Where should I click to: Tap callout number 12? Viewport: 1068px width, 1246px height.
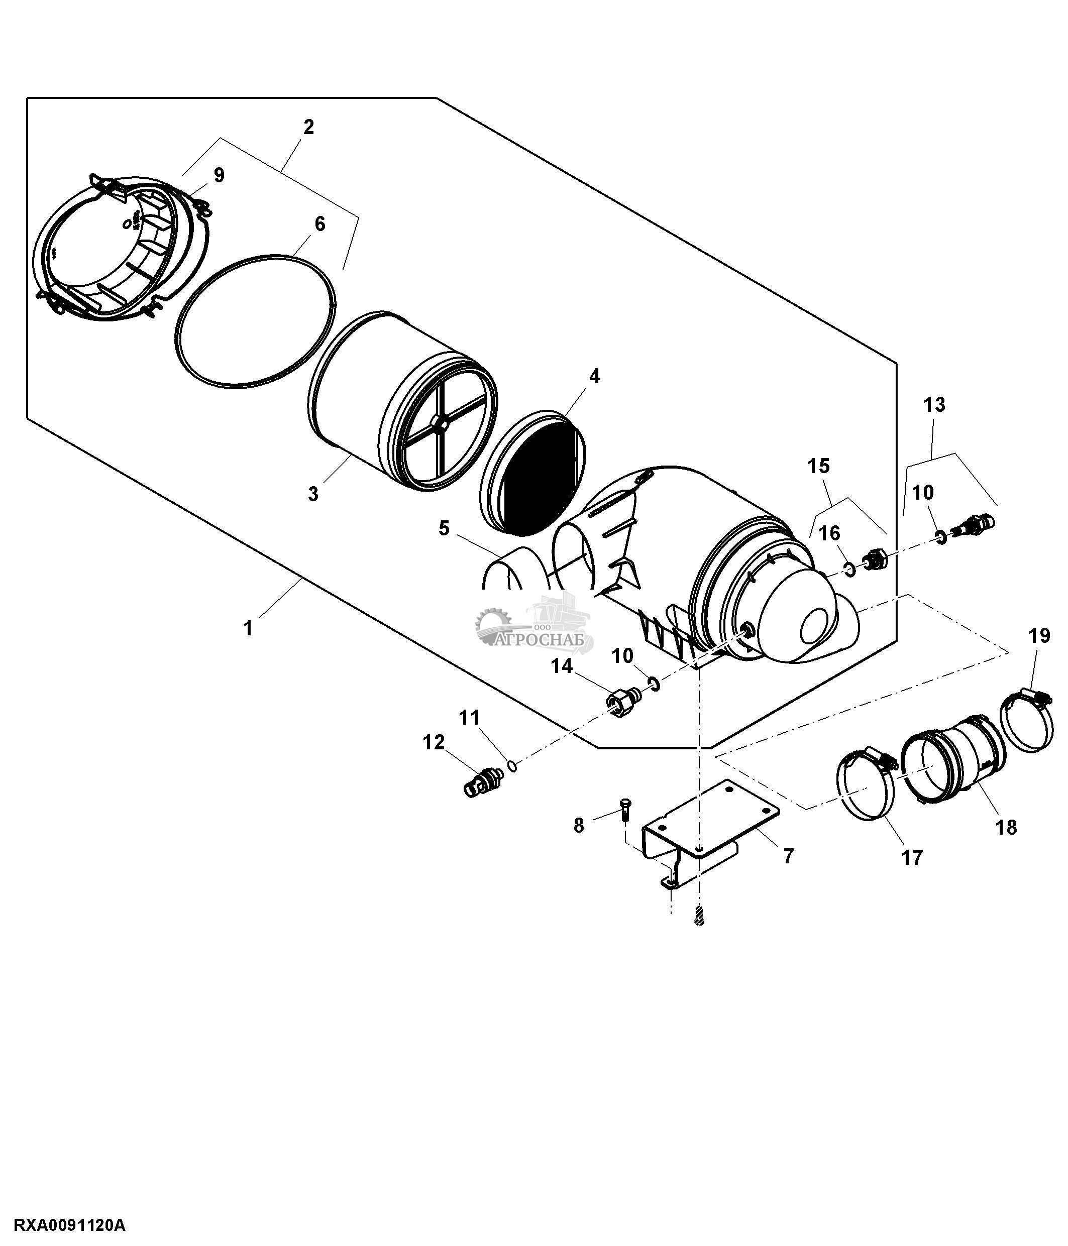(x=434, y=743)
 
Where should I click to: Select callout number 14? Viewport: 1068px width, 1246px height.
(x=562, y=666)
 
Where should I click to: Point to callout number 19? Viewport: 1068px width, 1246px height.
(x=1040, y=636)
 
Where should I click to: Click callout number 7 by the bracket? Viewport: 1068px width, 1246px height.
(x=788, y=856)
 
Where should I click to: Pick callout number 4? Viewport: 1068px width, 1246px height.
(x=594, y=377)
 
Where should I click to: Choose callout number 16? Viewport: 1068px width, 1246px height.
(x=829, y=533)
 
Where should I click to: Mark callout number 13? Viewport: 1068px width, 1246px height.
(x=934, y=405)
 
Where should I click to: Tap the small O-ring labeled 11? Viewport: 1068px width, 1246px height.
(x=512, y=765)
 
